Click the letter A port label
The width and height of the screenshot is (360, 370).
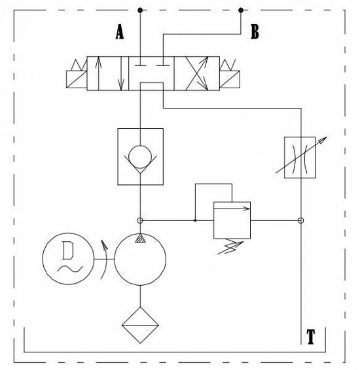point(120,32)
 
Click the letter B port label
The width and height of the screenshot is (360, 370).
point(255,32)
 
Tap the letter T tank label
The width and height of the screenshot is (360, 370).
point(311,337)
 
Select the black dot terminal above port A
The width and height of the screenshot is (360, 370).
point(140,10)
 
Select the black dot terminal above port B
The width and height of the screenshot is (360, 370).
point(241,10)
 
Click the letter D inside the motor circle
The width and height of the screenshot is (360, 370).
point(68,250)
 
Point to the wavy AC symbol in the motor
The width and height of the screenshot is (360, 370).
point(70,269)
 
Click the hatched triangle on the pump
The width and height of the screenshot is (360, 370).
point(140,238)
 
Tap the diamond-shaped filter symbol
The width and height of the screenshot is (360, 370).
point(140,325)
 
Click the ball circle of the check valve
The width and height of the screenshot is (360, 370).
point(140,157)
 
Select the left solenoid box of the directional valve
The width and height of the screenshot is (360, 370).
point(77,79)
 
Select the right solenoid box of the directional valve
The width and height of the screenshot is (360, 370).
point(230,79)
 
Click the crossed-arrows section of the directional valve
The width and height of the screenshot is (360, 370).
point(196,73)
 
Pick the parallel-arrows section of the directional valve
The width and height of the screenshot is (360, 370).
point(108,73)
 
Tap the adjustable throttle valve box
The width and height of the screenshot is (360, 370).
point(300,158)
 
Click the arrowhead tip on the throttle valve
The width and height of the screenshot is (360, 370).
point(327,137)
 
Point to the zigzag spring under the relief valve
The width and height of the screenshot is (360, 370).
point(230,247)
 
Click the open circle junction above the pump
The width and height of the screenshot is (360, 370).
point(140,221)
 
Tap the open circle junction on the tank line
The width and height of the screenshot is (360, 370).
point(300,221)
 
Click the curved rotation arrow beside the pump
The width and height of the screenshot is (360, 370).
point(105,260)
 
